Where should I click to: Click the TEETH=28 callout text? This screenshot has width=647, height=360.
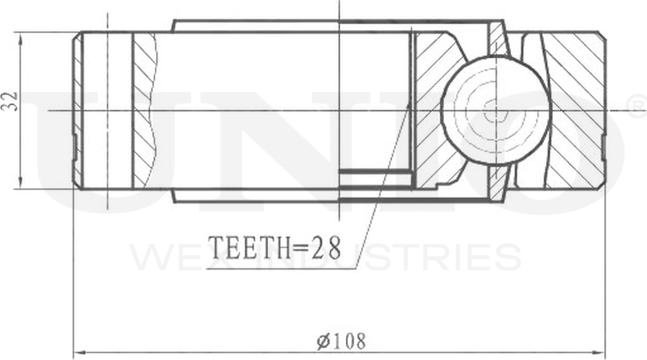(x=275, y=247)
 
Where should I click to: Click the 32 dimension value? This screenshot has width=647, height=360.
(x=10, y=101)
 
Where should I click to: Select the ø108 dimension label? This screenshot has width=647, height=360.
(x=341, y=342)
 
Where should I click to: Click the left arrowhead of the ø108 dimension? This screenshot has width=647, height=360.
(x=79, y=353)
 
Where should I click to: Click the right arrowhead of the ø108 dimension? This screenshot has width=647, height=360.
(x=599, y=353)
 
